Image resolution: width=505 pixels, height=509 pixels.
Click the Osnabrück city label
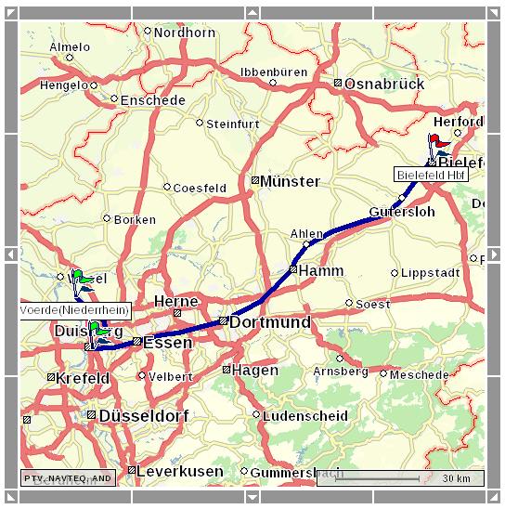click(x=383, y=84)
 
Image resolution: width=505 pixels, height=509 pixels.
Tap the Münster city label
click(x=290, y=181)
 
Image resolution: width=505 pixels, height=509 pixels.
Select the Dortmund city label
click(x=269, y=322)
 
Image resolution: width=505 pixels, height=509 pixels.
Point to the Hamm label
click(x=321, y=270)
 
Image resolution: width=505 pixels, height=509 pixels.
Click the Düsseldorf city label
click(x=144, y=415)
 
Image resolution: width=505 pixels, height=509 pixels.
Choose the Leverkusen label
click(x=179, y=471)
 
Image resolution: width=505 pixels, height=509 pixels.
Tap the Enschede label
click(x=152, y=98)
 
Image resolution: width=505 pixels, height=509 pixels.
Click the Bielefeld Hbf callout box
click(x=432, y=175)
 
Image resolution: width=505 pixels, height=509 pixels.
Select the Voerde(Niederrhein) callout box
click(x=74, y=309)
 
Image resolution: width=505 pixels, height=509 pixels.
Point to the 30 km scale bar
click(x=399, y=478)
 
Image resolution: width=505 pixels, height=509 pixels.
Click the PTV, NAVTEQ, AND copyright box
click(x=68, y=478)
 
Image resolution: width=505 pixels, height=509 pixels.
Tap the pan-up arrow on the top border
click(x=252, y=12)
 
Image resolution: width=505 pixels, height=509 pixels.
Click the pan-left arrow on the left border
click(x=10, y=254)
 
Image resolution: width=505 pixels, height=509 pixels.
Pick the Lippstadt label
click(x=430, y=273)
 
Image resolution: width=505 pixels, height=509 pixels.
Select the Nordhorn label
click(x=184, y=33)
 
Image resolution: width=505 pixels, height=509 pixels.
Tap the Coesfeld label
click(x=200, y=188)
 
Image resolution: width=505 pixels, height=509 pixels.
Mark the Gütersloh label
click(x=401, y=212)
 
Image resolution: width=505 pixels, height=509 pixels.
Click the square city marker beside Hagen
click(x=227, y=370)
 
